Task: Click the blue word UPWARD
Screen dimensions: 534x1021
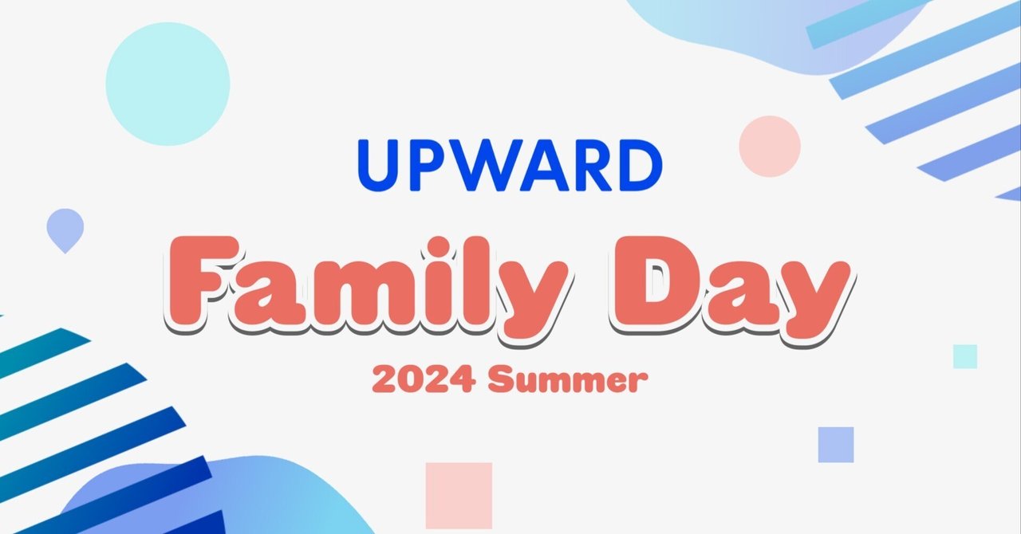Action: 510,166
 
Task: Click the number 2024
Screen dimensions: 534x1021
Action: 424,381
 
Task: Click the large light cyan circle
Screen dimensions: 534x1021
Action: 168,84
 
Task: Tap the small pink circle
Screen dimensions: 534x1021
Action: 769,146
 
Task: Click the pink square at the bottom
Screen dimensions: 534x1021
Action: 459,495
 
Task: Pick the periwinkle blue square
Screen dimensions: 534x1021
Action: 836,445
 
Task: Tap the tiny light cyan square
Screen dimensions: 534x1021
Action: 965,356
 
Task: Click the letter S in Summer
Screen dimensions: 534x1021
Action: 501,380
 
